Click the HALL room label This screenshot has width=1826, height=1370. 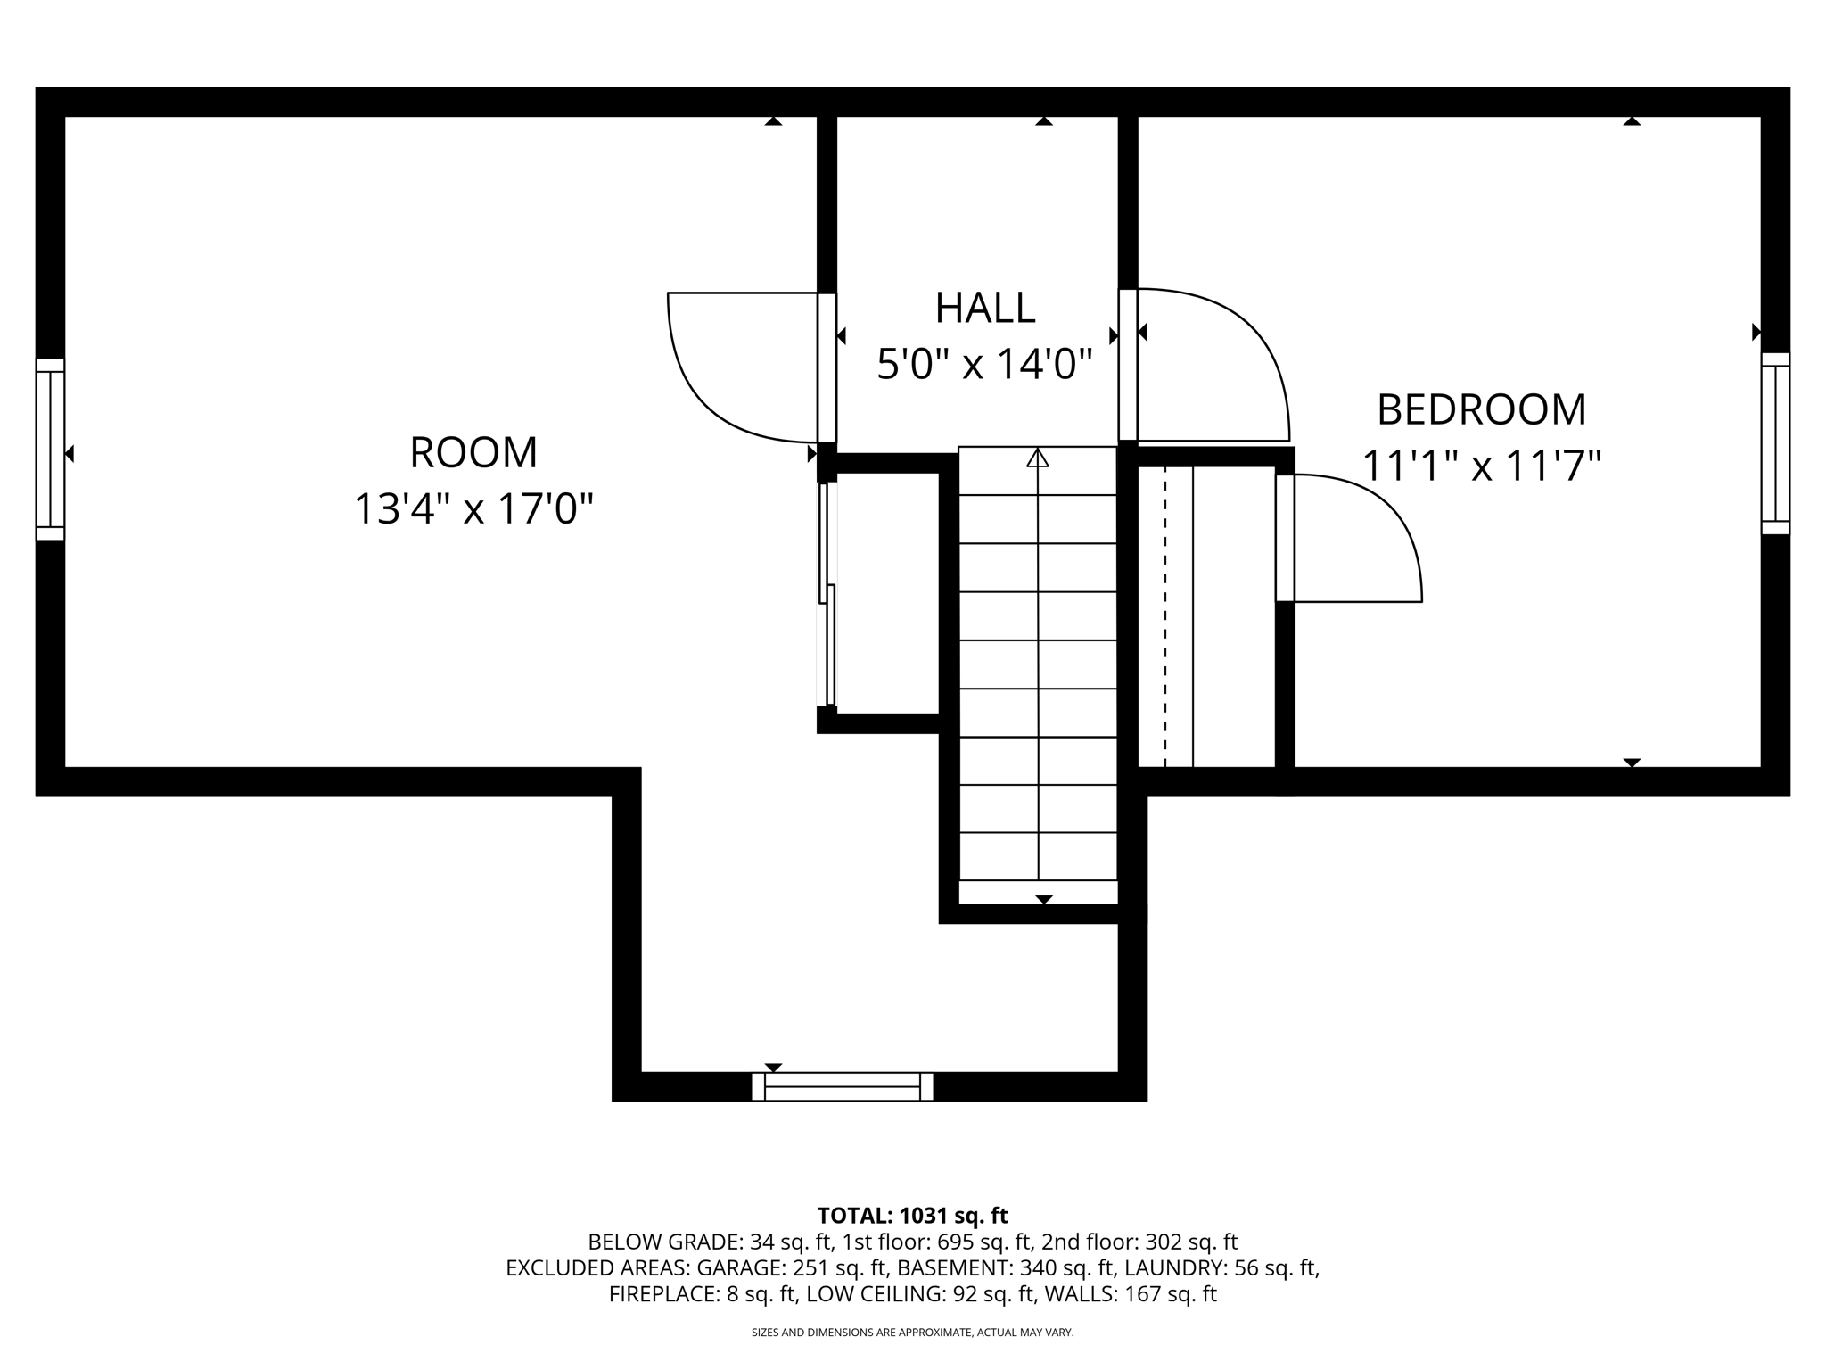click(x=984, y=309)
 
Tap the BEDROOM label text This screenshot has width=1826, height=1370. click(x=1481, y=410)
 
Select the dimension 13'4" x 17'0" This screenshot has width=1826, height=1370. click(x=473, y=509)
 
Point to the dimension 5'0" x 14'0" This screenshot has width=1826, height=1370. click(x=984, y=365)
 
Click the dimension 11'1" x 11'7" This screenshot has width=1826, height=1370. click(x=1481, y=466)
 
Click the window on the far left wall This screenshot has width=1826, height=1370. click(x=50, y=450)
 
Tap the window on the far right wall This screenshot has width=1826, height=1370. click(x=1775, y=443)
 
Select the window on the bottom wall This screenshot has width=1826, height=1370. click(x=842, y=1086)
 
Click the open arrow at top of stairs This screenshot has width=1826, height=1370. click(x=1037, y=458)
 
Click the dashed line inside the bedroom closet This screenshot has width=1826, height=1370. click(x=1164, y=615)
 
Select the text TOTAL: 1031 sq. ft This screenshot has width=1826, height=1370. click(x=912, y=1216)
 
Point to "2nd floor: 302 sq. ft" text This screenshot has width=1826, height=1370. click(x=1142, y=1242)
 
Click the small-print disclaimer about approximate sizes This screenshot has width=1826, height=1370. click(x=912, y=1333)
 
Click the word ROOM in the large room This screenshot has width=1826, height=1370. click(x=473, y=453)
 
